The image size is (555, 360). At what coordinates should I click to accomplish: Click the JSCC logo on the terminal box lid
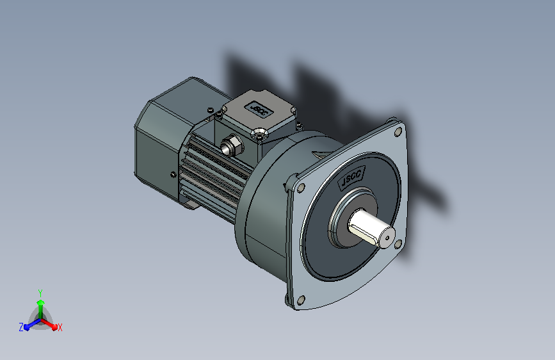click(259, 109)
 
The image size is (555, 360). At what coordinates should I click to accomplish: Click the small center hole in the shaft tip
click(387, 238)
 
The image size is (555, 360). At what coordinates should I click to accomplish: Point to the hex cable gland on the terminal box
click(232, 145)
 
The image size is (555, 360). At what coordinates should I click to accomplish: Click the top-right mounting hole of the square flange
click(398, 132)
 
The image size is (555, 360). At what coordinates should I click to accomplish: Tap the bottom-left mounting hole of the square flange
click(300, 300)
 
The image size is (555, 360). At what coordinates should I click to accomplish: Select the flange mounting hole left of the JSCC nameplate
click(301, 188)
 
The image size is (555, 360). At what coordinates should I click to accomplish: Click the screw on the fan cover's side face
click(173, 174)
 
